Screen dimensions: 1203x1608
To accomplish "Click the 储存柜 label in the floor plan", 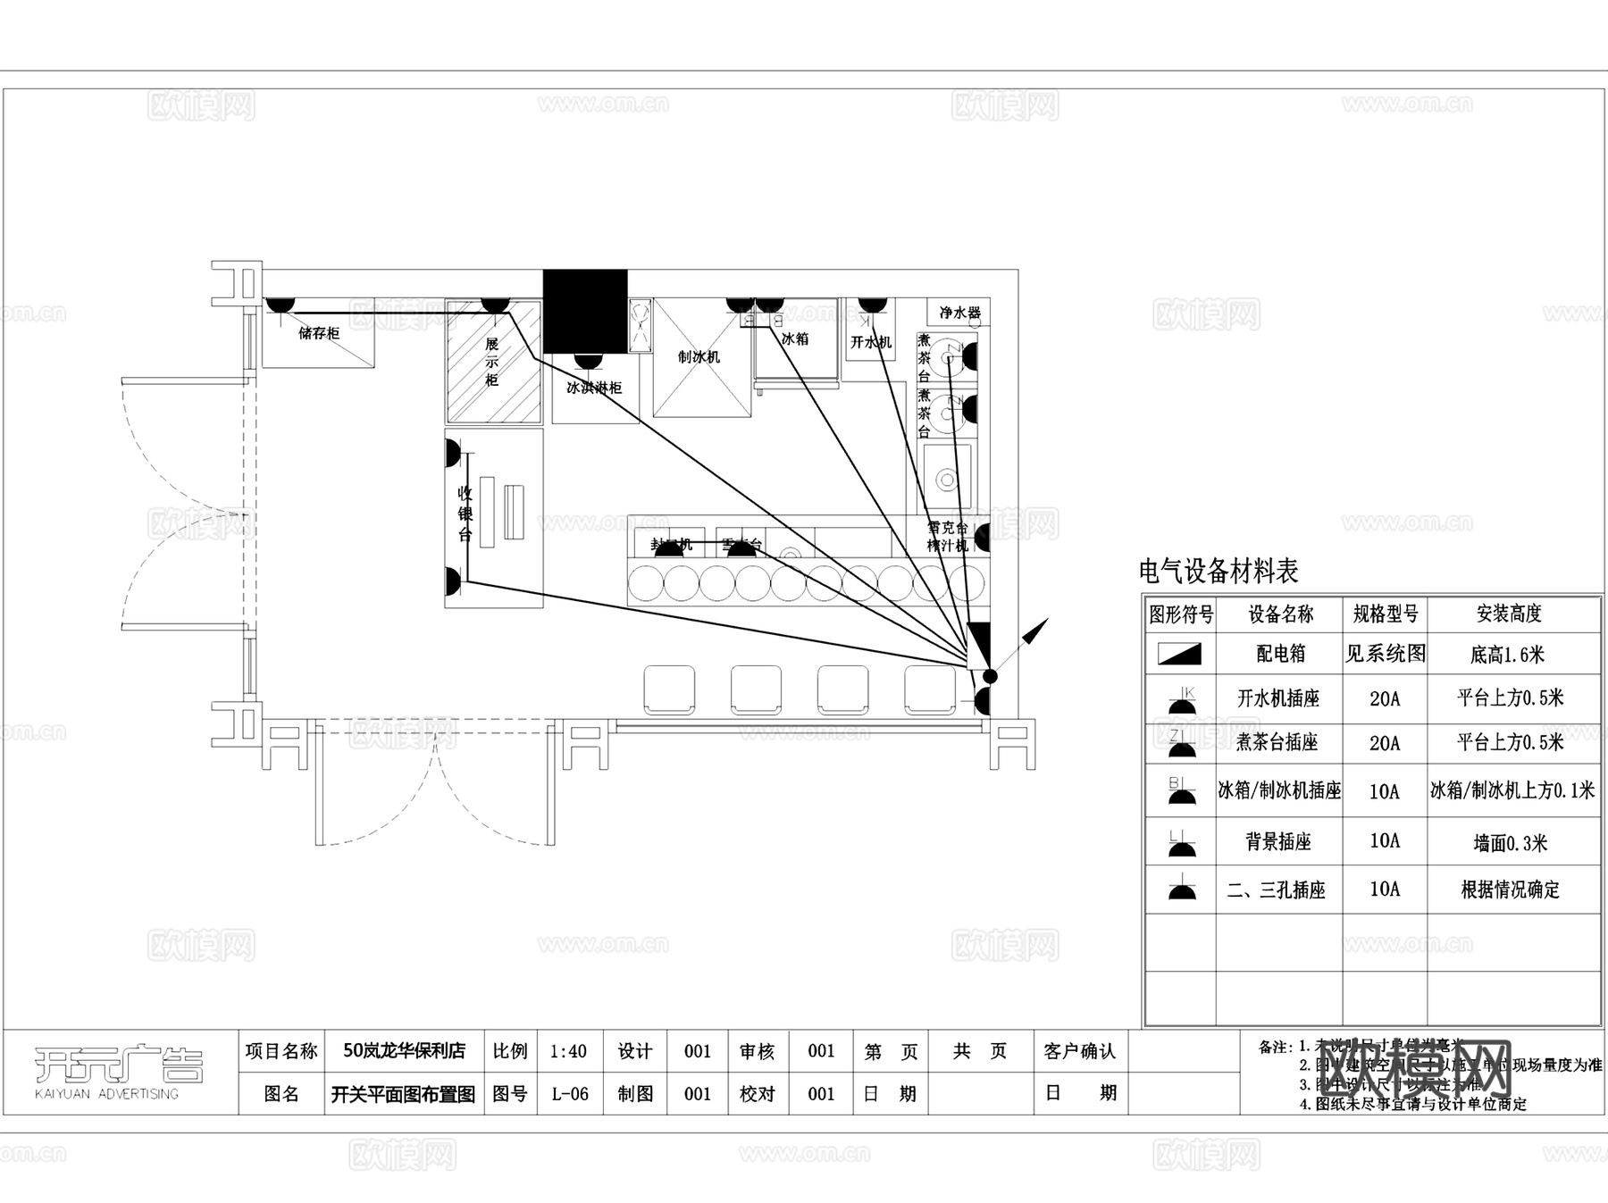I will [x=319, y=333].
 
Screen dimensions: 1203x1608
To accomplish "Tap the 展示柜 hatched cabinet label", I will [x=491, y=362].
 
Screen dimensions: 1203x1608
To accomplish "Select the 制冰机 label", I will [x=699, y=357].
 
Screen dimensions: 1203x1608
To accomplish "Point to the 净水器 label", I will [x=959, y=313].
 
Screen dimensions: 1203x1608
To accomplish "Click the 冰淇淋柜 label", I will [x=594, y=388].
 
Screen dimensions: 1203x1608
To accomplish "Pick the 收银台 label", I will [x=465, y=514].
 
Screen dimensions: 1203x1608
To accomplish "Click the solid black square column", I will [x=585, y=311].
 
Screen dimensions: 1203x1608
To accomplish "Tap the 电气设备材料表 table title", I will [x=1219, y=571].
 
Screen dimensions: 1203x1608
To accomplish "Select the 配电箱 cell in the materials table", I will [x=1280, y=654].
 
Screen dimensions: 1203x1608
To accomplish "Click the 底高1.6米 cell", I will [x=1507, y=655].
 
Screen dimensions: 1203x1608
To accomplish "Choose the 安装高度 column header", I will [x=1509, y=614].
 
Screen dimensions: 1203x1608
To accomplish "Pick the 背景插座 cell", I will [x=1278, y=841].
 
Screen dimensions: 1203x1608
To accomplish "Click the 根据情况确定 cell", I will [x=1510, y=890].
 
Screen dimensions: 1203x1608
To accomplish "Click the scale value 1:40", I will [x=568, y=1051].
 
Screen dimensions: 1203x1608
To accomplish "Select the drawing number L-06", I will [x=569, y=1094].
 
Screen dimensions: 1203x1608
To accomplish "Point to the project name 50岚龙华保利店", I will [x=405, y=1051].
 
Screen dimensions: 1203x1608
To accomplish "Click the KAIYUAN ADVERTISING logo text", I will [x=106, y=1094].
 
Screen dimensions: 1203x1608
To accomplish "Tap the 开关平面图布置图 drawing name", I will [x=403, y=1094].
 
